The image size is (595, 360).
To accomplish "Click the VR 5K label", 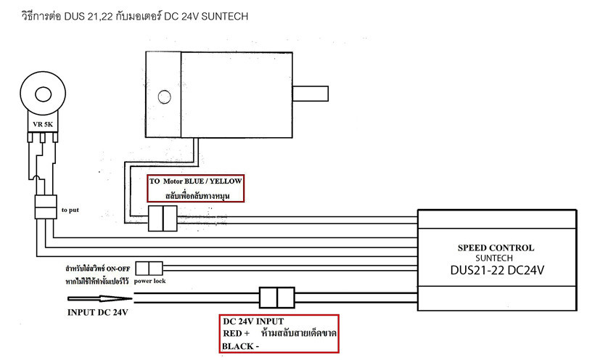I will click(41, 125).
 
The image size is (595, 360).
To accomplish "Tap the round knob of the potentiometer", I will click(41, 94).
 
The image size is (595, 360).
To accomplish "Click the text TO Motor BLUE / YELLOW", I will click(195, 181).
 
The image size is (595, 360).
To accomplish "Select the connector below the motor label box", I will click(163, 218).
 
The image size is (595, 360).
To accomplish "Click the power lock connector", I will click(149, 268).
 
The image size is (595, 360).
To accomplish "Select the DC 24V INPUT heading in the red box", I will click(253, 321).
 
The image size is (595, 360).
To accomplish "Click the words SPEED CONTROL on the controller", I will click(497, 247).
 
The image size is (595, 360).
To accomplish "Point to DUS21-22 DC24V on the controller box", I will click(497, 269).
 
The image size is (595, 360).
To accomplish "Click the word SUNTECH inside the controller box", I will click(497, 258).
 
